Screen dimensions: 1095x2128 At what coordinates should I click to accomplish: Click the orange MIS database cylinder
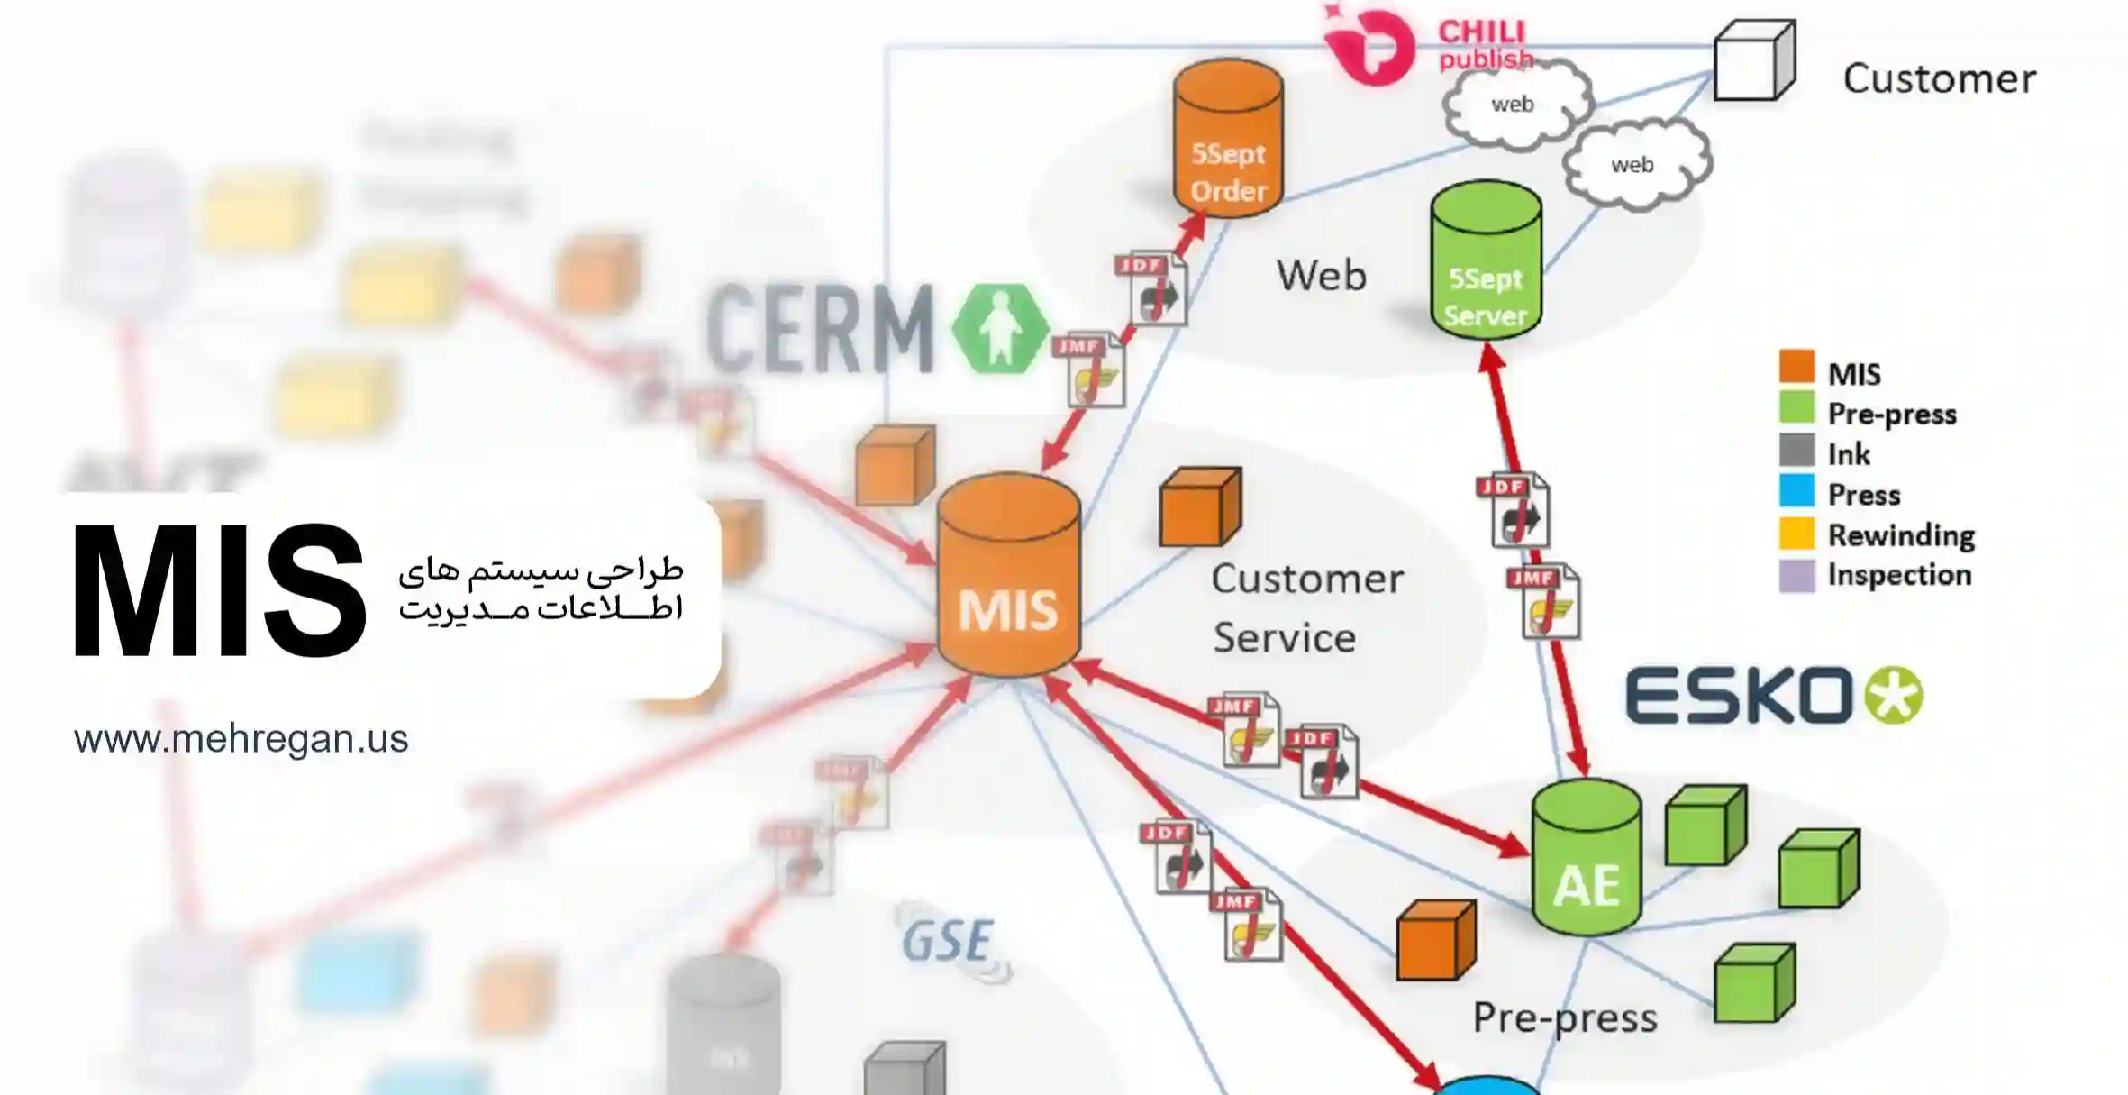point(1008,577)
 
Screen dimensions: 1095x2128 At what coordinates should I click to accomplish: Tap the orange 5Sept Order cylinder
point(1228,140)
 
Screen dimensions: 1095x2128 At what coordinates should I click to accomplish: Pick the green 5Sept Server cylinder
point(1486,261)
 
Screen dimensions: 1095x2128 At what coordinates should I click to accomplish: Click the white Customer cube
point(1753,61)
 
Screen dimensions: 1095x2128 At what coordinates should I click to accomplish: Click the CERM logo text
point(820,328)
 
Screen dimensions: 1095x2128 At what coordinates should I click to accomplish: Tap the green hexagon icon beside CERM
point(1000,329)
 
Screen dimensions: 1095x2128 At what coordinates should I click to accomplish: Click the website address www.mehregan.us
point(241,739)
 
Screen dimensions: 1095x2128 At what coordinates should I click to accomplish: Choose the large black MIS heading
point(219,591)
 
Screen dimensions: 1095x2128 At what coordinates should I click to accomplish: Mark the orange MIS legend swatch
point(1796,368)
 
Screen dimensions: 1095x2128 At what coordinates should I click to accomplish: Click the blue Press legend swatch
point(1796,491)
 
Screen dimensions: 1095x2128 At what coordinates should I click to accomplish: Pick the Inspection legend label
point(1899,575)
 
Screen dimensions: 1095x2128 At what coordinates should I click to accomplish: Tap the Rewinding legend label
point(1901,535)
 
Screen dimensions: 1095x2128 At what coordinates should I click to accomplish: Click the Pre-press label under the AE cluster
point(1565,1017)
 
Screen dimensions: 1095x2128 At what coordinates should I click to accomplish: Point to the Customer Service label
point(1306,607)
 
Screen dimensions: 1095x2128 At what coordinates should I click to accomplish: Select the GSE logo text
point(948,942)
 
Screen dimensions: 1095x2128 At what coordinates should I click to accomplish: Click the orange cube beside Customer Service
point(1199,507)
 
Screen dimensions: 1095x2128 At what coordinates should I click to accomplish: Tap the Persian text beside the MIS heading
point(541,589)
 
